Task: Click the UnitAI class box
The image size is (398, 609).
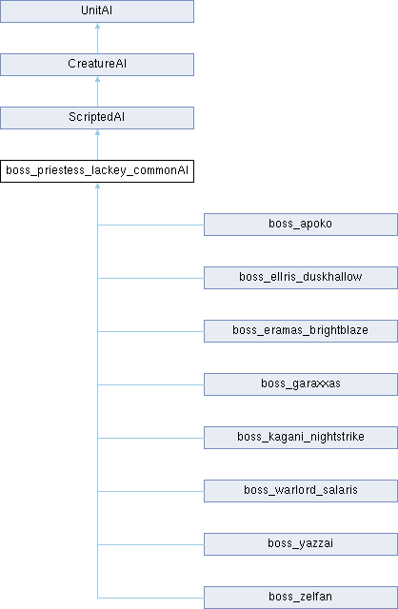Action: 97,11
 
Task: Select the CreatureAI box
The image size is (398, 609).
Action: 97,65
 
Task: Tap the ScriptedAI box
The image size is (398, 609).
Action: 97,118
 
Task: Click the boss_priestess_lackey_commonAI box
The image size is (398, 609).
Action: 97,171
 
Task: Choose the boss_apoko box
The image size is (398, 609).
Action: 301,225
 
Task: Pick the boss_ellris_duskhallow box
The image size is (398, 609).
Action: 301,278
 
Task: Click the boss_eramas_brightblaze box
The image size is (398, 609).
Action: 301,331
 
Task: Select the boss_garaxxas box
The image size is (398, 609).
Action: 301,384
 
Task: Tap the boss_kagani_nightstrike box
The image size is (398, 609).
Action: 301,438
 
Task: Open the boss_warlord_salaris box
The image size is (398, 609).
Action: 301,491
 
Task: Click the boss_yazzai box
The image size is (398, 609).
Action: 301,543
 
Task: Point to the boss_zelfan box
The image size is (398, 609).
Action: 301,597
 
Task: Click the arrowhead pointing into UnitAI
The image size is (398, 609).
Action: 97,26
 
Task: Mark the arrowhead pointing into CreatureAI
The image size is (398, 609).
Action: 97,79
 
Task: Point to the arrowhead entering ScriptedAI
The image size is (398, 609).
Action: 97,132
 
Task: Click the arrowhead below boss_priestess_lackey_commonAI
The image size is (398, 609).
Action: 97,186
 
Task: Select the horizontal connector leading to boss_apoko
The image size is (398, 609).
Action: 150,225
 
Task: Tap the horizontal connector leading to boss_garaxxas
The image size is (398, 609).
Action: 150,384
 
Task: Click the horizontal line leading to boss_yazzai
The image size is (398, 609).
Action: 150,544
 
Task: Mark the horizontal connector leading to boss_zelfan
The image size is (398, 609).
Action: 150,598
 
